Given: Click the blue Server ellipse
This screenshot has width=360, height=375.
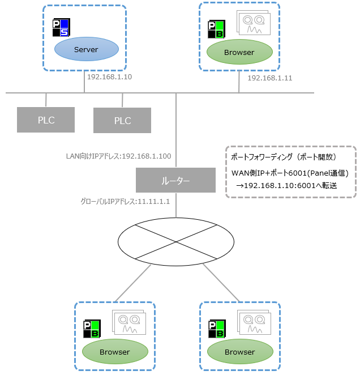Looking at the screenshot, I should pyautogui.click(x=86, y=49).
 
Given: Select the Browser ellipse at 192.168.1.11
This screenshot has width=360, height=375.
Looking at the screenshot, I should pyautogui.click(x=239, y=52).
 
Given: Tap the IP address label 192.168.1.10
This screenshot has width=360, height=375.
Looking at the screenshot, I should pyautogui.click(x=109, y=76).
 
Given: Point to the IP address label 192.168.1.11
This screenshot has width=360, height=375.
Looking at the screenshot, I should pyautogui.click(x=270, y=78).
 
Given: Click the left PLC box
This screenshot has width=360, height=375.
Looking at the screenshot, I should pyautogui.click(x=45, y=120).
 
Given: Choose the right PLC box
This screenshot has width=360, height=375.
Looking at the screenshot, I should pyautogui.click(x=122, y=121).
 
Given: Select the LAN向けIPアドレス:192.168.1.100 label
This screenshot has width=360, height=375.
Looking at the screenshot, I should pyautogui.click(x=118, y=156).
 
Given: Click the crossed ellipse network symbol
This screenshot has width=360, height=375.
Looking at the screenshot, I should pyautogui.click(x=175, y=242).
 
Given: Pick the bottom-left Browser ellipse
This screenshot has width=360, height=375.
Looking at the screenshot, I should pyautogui.click(x=114, y=352).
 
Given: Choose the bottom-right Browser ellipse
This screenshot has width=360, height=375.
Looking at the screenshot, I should pyautogui.click(x=239, y=352).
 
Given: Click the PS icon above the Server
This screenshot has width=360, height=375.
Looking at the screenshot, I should pyautogui.click(x=60, y=28).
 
